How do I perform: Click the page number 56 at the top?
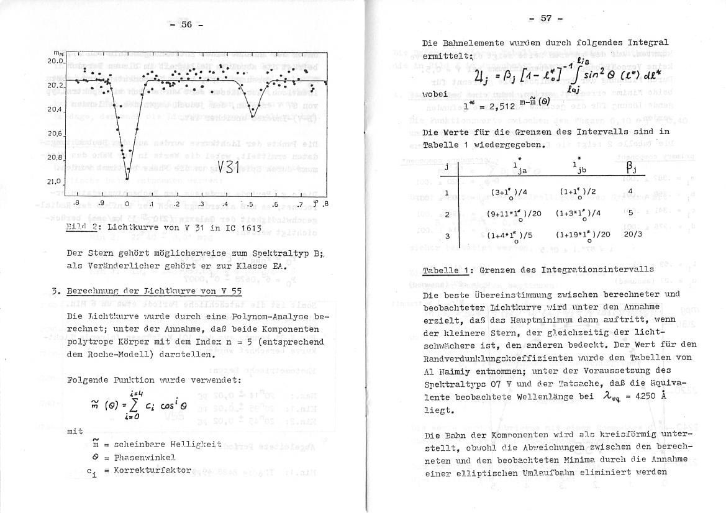[186, 25]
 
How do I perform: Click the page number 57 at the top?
[546, 18]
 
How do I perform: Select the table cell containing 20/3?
[628, 235]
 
